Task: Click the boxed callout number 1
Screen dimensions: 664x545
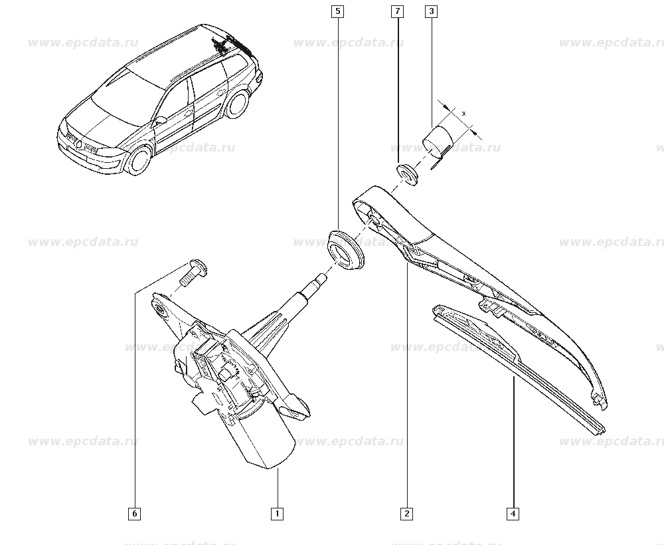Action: tap(277, 514)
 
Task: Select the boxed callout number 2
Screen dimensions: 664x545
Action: tap(406, 514)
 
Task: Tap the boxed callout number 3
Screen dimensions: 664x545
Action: tap(431, 11)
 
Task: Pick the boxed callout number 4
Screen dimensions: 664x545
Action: tap(513, 514)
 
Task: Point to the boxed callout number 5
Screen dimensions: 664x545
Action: tap(337, 11)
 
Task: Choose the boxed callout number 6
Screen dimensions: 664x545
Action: tap(134, 514)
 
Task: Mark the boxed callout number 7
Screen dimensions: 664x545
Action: tap(397, 11)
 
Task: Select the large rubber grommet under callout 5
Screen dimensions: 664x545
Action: tap(346, 249)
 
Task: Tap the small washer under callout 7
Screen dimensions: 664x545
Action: tap(408, 174)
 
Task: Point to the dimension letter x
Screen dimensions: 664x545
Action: tap(463, 113)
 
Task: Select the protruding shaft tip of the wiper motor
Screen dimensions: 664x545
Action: tap(320, 279)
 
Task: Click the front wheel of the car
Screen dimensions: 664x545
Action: tap(139, 160)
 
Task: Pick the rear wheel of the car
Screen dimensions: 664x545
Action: tap(237, 104)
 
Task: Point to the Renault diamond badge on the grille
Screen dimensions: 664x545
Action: tap(79, 144)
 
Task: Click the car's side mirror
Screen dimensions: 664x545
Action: tap(160, 120)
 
